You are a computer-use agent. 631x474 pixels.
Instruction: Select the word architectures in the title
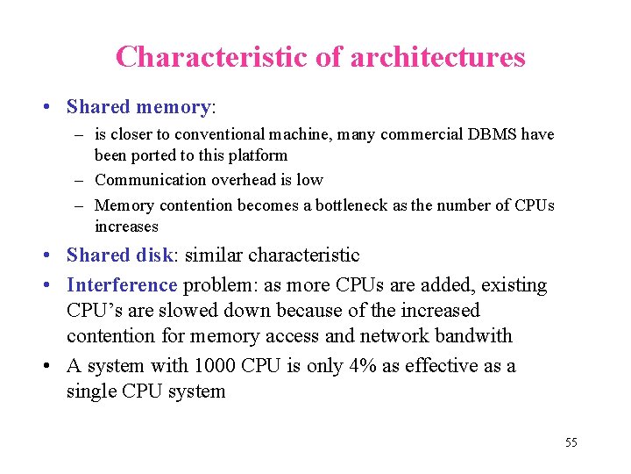(437, 57)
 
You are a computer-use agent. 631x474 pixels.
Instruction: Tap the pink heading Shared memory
(138, 107)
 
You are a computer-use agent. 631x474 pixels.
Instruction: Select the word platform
(258, 155)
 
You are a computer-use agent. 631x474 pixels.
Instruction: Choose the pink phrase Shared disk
(120, 255)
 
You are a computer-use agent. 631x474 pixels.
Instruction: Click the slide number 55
(571, 442)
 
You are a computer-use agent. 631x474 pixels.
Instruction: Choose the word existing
(513, 285)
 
